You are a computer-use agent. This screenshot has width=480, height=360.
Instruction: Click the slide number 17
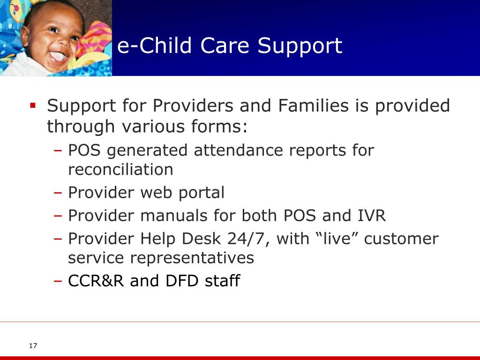point(33,345)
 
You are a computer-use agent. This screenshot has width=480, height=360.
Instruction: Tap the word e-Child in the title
point(154,45)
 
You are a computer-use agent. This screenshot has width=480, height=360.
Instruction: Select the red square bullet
point(33,105)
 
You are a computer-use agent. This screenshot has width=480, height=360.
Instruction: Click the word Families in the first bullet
point(313,105)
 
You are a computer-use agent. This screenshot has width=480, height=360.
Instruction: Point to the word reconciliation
point(120,169)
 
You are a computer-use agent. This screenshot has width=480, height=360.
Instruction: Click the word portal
point(202,193)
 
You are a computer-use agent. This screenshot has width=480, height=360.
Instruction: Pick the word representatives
point(192,258)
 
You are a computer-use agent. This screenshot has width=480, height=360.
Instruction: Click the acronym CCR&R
point(96,281)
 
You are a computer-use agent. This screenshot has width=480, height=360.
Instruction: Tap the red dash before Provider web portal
point(58,193)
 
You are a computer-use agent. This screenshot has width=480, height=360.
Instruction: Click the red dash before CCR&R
point(58,281)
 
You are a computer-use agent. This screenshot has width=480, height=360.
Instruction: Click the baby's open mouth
point(58,57)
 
